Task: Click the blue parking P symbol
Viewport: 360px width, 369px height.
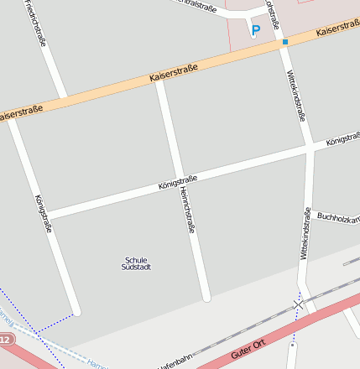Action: pos(256,29)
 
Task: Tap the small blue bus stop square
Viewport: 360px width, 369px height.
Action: pos(285,41)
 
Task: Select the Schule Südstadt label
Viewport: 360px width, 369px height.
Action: pos(136,262)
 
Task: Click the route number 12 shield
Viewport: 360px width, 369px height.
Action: pos(5,340)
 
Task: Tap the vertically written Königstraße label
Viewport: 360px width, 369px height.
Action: pos(44,214)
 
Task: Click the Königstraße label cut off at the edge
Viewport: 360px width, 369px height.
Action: pos(343,136)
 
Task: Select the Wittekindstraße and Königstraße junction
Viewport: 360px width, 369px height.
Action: pos(310,147)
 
